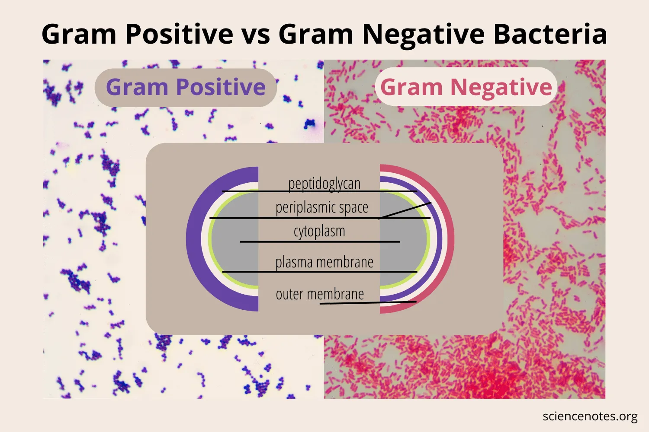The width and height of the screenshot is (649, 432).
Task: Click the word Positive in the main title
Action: click(x=180, y=34)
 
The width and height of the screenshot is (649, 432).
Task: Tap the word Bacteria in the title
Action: click(x=550, y=34)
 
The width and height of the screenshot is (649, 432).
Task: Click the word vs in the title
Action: click(x=256, y=37)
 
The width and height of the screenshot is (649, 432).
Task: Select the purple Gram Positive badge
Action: click(x=186, y=87)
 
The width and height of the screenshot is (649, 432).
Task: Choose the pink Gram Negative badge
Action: click(x=466, y=86)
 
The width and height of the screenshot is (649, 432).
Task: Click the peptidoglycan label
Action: click(x=324, y=184)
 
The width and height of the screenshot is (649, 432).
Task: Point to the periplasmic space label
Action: click(x=322, y=207)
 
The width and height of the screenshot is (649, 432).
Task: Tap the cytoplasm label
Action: click(x=319, y=231)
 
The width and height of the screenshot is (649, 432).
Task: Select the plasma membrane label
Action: click(x=324, y=262)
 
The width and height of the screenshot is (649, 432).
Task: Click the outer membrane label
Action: click(x=320, y=294)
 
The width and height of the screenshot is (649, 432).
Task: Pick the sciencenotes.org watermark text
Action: click(x=590, y=416)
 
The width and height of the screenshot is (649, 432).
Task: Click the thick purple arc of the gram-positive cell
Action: click(x=193, y=239)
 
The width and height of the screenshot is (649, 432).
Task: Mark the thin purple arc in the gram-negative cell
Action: click(x=440, y=239)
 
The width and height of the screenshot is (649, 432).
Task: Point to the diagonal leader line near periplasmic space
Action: click(x=405, y=210)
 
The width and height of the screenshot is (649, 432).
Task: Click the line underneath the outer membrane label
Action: click(x=368, y=303)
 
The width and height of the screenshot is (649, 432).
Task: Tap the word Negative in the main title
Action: click(x=423, y=35)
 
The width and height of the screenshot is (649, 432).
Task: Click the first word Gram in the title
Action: click(x=79, y=34)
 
